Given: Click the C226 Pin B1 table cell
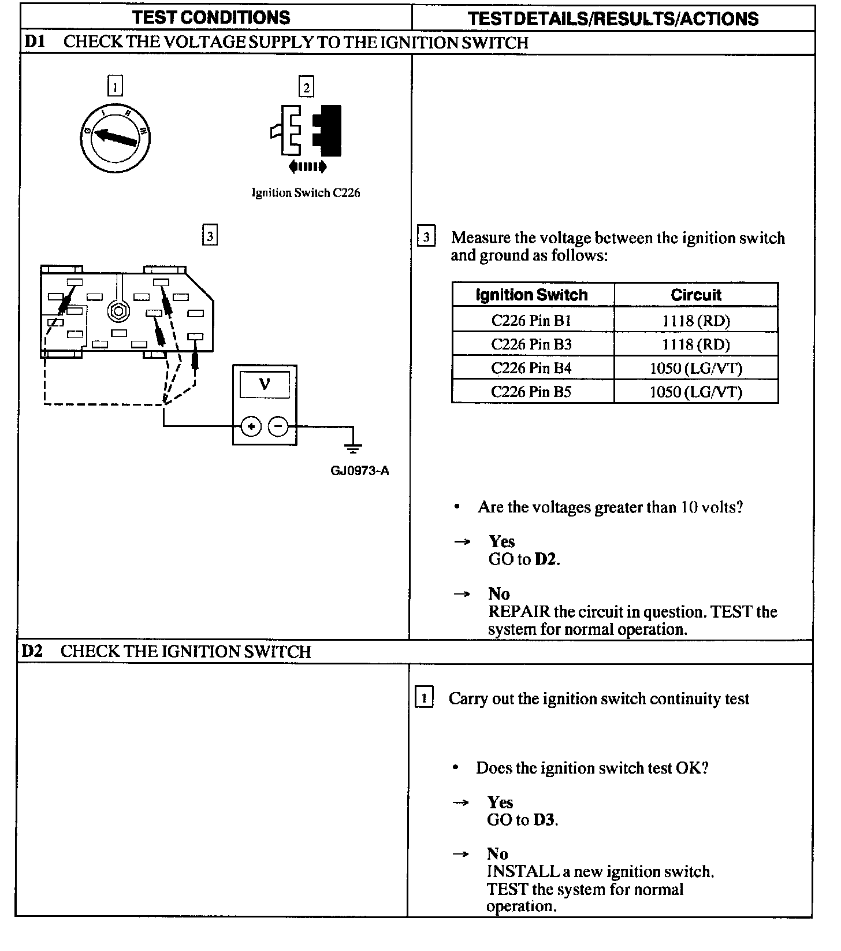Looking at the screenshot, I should point(531,320).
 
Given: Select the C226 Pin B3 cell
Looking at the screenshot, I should point(531,344).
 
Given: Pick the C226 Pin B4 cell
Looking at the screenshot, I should point(531,368).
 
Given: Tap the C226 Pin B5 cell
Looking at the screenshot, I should point(531,392).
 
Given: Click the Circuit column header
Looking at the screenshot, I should point(696,295).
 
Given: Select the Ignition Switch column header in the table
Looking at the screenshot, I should point(531,295).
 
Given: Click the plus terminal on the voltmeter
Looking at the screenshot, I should point(251,427).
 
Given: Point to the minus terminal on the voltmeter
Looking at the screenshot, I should point(278,427).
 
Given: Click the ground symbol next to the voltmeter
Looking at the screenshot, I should point(353,445).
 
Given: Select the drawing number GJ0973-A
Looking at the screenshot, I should point(359,470).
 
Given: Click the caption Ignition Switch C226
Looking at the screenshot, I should point(306,193).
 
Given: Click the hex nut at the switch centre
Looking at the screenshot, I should point(118,311).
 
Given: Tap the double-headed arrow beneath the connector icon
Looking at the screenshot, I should point(307,167).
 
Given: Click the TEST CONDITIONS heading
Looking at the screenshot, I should point(211,17).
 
